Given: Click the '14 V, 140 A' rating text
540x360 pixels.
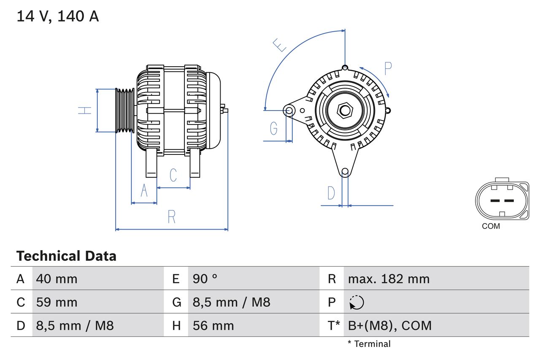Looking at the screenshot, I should click(x=57, y=16).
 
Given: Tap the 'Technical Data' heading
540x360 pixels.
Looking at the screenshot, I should click(x=66, y=256).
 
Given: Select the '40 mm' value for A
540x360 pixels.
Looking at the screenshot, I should click(x=57, y=279).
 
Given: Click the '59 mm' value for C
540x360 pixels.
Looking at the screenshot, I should click(x=57, y=302).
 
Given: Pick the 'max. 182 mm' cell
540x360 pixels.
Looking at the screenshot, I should click(x=389, y=279).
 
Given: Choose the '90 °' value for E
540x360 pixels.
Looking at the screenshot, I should click(x=205, y=279).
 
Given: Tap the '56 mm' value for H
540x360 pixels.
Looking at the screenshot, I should click(x=213, y=325).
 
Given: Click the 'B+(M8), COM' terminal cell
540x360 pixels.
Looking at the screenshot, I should click(x=390, y=325).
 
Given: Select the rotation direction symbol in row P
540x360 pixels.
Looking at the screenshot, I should click(x=356, y=302).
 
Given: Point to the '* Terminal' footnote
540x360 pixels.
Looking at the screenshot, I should click(x=369, y=344).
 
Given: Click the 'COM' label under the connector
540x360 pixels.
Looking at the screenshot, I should click(x=491, y=226).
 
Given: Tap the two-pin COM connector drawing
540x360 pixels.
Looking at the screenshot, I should click(x=502, y=200).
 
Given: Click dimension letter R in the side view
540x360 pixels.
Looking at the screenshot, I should click(x=171, y=217).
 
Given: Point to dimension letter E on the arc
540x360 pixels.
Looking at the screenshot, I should click(x=279, y=45).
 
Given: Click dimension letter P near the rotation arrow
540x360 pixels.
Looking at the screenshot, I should click(x=388, y=68).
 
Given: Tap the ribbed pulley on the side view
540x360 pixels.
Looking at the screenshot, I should click(x=125, y=111).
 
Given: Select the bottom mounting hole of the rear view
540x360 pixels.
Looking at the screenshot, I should click(x=345, y=171).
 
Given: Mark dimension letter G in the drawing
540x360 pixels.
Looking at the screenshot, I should click(x=274, y=127).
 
